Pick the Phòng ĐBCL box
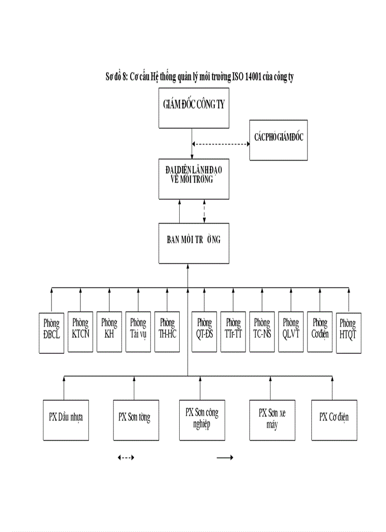pyautogui.click(x=51, y=333)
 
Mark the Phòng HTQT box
pyautogui.click(x=348, y=333)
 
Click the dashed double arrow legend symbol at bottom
pyautogui.click(x=126, y=458)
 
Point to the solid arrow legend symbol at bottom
pyautogui.click(x=225, y=458)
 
